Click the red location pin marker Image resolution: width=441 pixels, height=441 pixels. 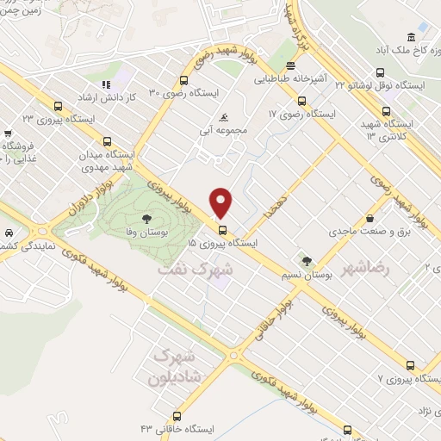(222, 202)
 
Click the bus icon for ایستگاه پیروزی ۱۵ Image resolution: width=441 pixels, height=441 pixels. (222, 230)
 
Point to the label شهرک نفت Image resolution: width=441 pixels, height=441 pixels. (196, 270)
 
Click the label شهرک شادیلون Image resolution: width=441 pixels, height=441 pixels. (174, 367)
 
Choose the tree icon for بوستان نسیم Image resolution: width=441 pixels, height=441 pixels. (303, 259)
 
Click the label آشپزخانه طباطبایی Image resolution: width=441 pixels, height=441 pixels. (290, 78)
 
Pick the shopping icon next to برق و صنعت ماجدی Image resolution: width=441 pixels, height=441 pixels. (370, 218)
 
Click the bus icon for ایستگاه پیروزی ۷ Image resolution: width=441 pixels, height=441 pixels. (410, 364)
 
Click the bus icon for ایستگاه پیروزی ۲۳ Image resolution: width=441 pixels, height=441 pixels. (59, 106)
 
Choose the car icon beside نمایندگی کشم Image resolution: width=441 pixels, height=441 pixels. (7, 233)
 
